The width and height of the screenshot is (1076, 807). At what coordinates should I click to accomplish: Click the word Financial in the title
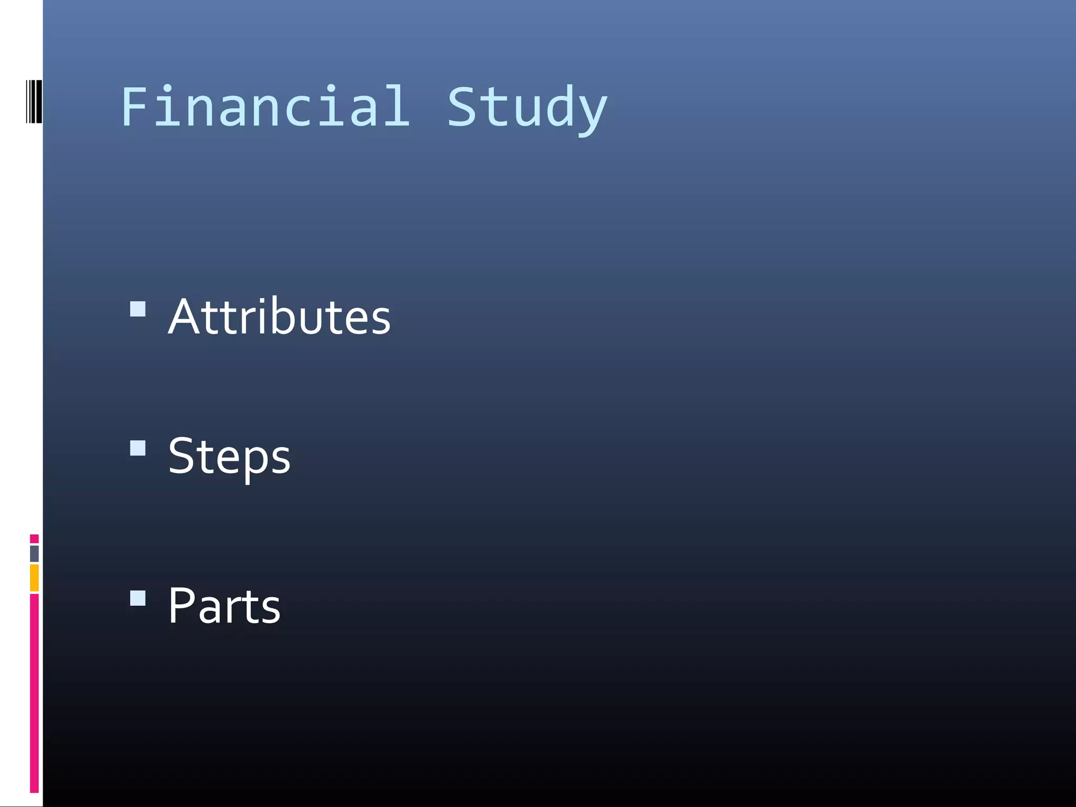[265, 107]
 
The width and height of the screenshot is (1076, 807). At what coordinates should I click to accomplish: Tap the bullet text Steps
[229, 456]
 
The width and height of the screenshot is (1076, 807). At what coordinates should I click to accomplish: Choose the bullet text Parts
[224, 606]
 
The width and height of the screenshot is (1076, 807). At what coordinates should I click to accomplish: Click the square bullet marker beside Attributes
[138, 309]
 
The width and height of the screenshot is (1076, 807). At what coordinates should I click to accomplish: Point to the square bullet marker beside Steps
[138, 448]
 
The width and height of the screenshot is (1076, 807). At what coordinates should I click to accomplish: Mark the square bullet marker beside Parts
[138, 598]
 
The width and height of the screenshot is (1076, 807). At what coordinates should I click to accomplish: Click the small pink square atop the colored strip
[34, 539]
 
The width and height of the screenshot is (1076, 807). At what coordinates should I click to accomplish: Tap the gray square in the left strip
[34, 553]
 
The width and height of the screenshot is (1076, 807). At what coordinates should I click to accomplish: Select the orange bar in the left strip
[34, 577]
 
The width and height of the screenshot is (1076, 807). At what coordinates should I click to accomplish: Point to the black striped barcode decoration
[34, 101]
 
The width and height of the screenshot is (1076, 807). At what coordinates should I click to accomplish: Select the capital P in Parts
[181, 606]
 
